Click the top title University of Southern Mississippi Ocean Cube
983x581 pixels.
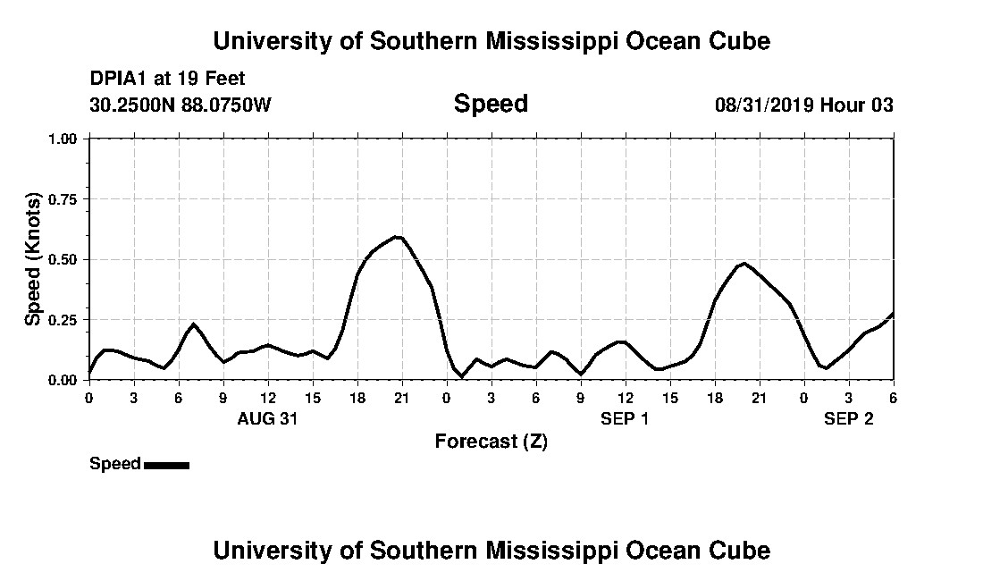[x=491, y=41]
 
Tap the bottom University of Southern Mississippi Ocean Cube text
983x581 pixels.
[x=491, y=550]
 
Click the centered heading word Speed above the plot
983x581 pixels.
[x=491, y=104]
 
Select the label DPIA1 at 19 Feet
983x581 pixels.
[x=167, y=79]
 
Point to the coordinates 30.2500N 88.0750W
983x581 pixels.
[x=180, y=105]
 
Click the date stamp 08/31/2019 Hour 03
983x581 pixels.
[x=803, y=105]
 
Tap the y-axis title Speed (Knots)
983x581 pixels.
[x=33, y=258]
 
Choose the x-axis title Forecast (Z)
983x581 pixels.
[x=491, y=441]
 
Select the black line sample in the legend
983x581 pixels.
[x=166, y=465]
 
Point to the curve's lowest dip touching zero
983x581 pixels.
[x=461, y=377]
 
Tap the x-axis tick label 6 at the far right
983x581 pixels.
[x=893, y=397]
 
